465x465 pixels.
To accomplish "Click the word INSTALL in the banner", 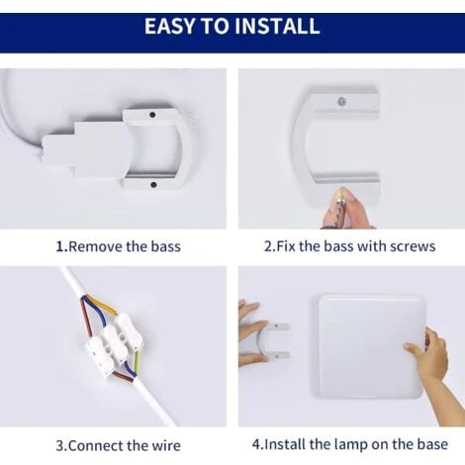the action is pyautogui.click(x=277, y=26).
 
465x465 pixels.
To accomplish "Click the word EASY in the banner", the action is pyautogui.click(x=169, y=26).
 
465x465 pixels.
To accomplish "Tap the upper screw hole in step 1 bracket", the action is pyautogui.click(x=152, y=115).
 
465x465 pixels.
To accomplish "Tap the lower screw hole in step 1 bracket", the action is pyautogui.click(x=153, y=184).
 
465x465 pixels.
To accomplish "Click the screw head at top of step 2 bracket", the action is pyautogui.click(x=342, y=101).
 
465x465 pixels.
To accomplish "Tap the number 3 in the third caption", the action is pyautogui.click(x=60, y=446).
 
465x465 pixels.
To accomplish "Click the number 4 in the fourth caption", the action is pyautogui.click(x=256, y=444).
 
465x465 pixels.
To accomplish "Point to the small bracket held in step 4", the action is pyautogui.click(x=274, y=342).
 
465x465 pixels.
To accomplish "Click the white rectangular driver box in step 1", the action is pyautogui.click(x=86, y=150).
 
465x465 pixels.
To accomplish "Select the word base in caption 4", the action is pyautogui.click(x=432, y=444).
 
